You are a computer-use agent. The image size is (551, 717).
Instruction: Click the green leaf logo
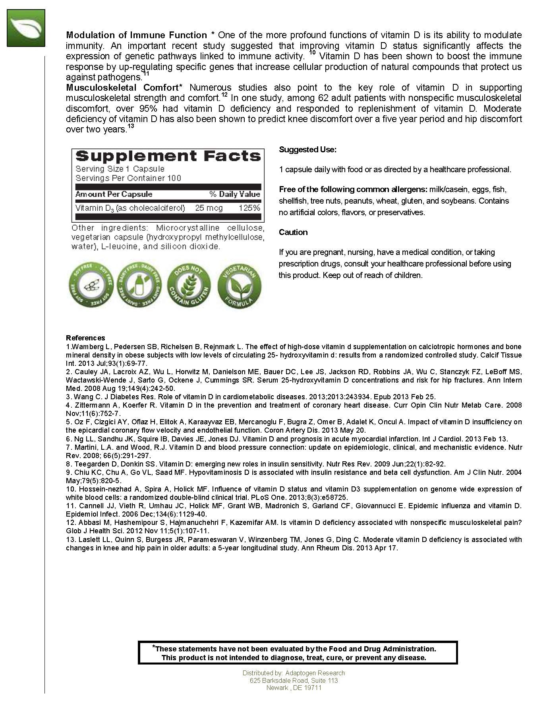coord(26,28)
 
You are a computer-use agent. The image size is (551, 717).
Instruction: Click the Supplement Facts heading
coord(168,156)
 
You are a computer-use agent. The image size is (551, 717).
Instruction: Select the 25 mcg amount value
coord(209,208)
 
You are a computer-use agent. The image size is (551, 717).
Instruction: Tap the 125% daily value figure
coord(249,208)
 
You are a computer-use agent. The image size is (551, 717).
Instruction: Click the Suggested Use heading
coord(307,150)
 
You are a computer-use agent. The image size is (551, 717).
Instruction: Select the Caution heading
coord(293,232)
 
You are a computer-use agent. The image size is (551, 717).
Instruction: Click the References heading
coord(85,338)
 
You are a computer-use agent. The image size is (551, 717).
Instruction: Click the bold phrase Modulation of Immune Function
coord(136,35)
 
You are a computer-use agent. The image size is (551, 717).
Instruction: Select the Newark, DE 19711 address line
coord(294,688)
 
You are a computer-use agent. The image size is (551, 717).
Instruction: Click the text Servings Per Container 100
coord(128,178)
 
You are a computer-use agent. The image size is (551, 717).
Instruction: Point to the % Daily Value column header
coord(235,194)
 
